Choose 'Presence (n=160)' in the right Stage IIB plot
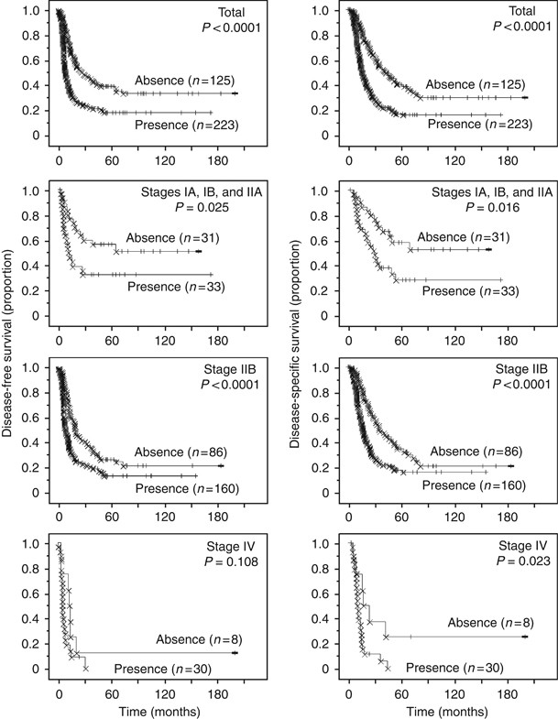pyautogui.click(x=475, y=473)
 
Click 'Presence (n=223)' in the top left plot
pyautogui.click(x=185, y=124)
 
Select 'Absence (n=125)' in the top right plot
pyautogui.click(x=475, y=81)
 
